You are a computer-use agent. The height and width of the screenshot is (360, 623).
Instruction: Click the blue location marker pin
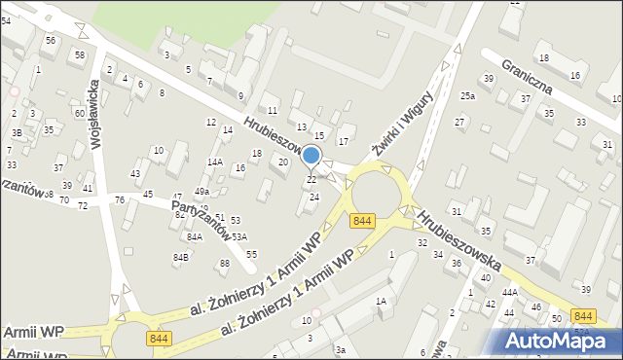click(311, 156)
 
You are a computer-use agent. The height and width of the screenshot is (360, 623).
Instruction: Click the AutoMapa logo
click(553, 341)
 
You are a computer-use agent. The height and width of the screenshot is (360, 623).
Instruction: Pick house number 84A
click(195, 236)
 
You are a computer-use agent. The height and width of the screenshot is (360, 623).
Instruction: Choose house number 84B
click(181, 257)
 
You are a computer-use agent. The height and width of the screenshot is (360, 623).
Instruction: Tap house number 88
click(225, 264)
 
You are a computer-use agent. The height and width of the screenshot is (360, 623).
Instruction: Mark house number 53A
click(238, 236)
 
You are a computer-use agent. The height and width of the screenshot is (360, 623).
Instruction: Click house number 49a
click(202, 192)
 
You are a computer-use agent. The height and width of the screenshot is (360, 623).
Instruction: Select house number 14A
click(215, 162)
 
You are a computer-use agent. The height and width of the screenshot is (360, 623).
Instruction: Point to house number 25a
click(468, 96)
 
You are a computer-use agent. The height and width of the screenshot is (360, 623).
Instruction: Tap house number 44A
click(509, 292)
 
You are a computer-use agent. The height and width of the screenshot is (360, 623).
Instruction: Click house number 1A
click(382, 302)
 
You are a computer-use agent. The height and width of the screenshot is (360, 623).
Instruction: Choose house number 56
click(50, 40)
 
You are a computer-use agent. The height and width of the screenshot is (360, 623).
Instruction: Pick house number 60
click(79, 114)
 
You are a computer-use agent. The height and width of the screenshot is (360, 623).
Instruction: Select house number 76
click(119, 199)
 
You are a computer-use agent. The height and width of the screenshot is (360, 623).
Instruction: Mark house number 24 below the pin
click(313, 198)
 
